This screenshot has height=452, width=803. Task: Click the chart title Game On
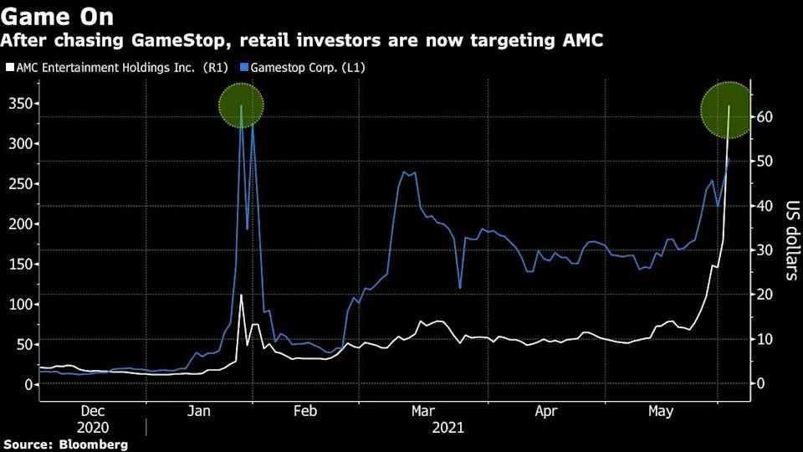(58, 17)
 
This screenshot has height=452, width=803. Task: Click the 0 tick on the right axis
(761, 383)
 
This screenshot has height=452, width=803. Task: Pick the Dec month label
(93, 411)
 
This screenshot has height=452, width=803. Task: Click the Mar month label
(422, 411)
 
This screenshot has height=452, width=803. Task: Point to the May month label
(662, 411)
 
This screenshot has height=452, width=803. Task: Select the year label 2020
(93, 427)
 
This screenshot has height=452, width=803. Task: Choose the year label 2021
(448, 427)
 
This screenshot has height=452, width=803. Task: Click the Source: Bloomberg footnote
(65, 444)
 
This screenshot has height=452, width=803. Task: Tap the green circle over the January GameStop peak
(242, 105)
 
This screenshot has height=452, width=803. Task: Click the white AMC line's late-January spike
(241, 296)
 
